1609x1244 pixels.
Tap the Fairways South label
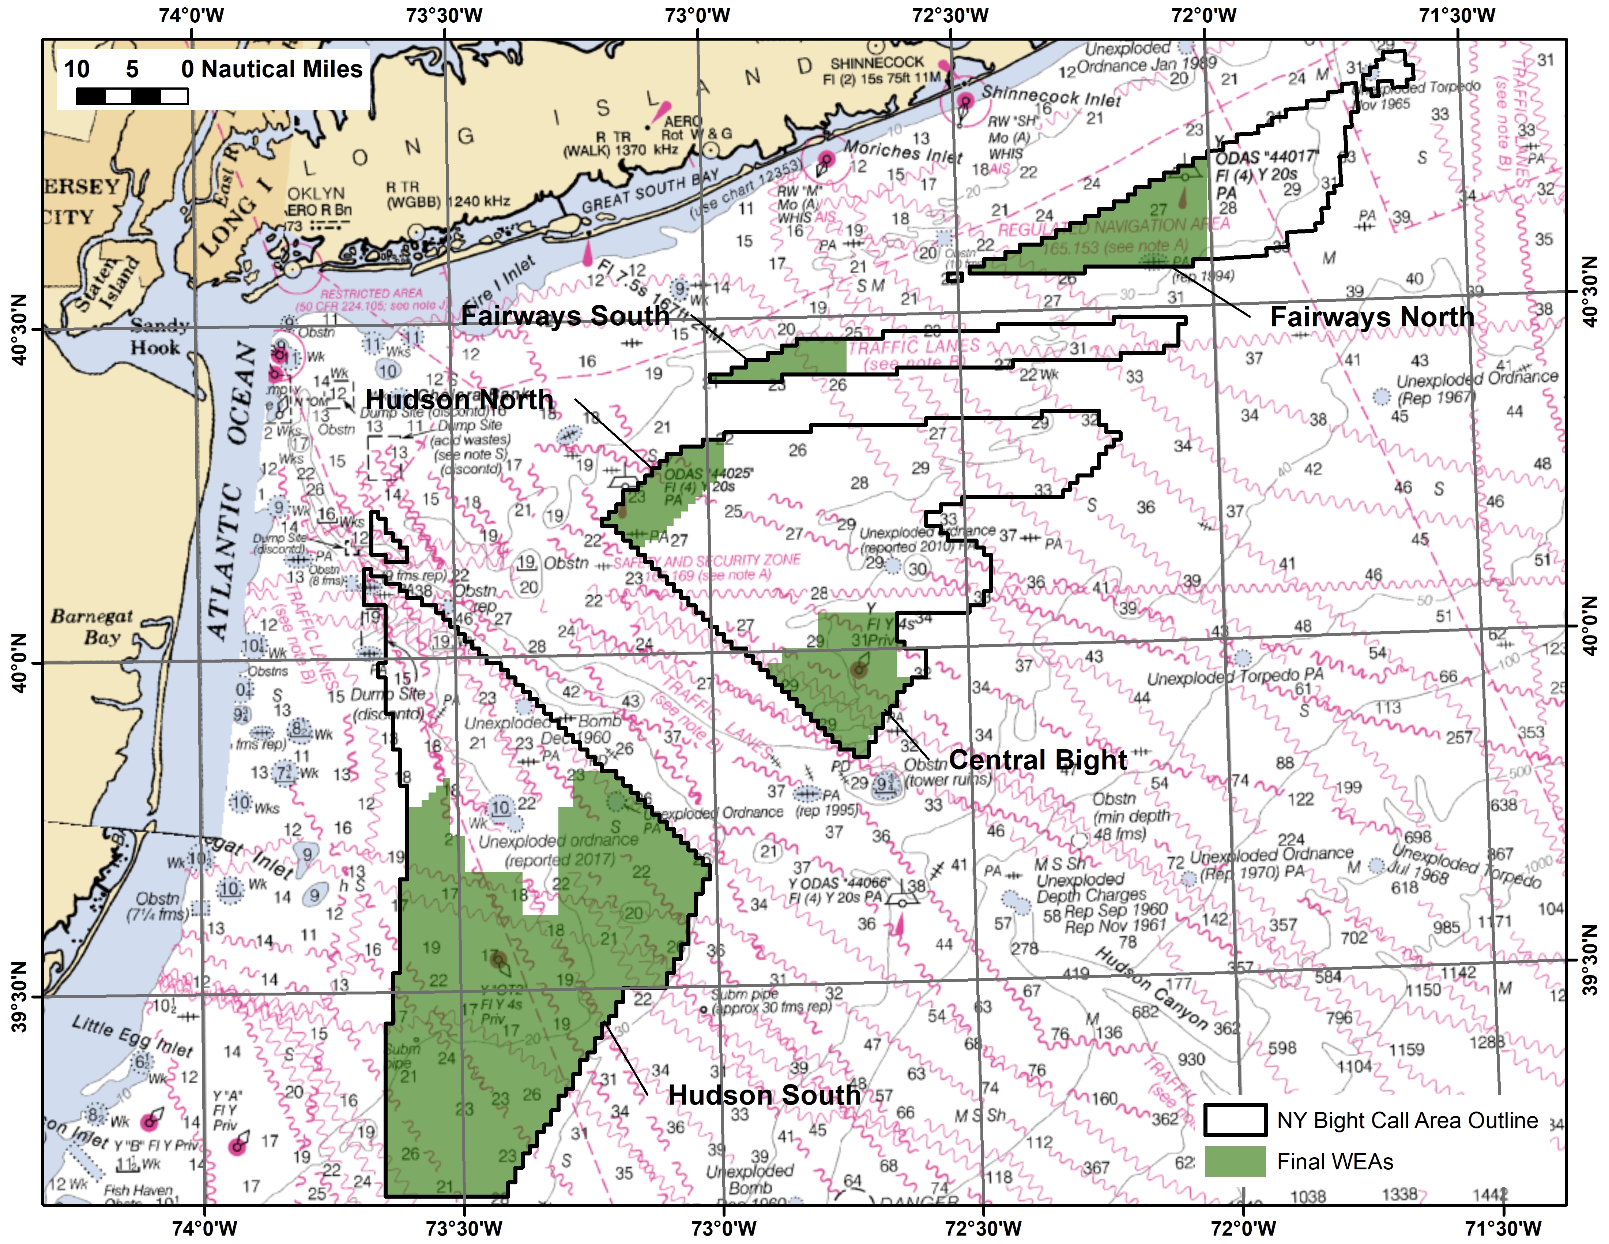(x=565, y=315)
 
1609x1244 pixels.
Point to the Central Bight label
(x=1037, y=760)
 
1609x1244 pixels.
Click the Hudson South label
(x=764, y=1095)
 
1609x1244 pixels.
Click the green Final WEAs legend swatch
(x=1235, y=1161)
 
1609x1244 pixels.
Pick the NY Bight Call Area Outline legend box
(x=1235, y=1120)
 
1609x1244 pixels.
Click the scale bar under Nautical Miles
(x=132, y=96)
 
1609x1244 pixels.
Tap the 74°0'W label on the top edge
(x=192, y=15)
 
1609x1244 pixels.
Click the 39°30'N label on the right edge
(x=1591, y=960)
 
